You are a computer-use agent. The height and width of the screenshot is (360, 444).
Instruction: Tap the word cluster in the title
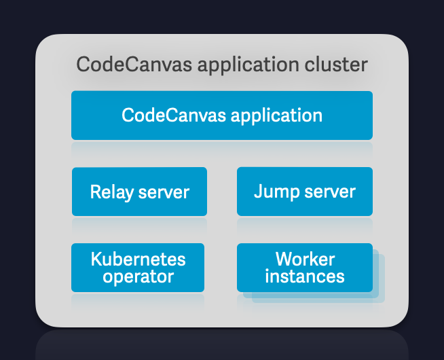tap(335, 65)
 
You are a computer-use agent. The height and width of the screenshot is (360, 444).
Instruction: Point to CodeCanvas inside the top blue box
tap(174, 115)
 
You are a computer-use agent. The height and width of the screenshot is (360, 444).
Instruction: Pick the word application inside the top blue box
tap(276, 115)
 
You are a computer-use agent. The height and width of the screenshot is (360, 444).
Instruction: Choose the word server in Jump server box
tap(330, 192)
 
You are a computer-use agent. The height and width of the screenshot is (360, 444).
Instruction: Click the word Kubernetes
tap(138, 259)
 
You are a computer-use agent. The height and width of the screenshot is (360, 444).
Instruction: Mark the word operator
tap(138, 277)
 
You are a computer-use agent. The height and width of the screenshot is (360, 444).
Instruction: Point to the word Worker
tap(305, 259)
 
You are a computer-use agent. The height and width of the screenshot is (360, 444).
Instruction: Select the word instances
tap(305, 276)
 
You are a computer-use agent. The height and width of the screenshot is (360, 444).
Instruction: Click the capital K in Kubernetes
tap(96, 259)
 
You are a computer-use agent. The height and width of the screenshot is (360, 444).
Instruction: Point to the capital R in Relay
tap(95, 192)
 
